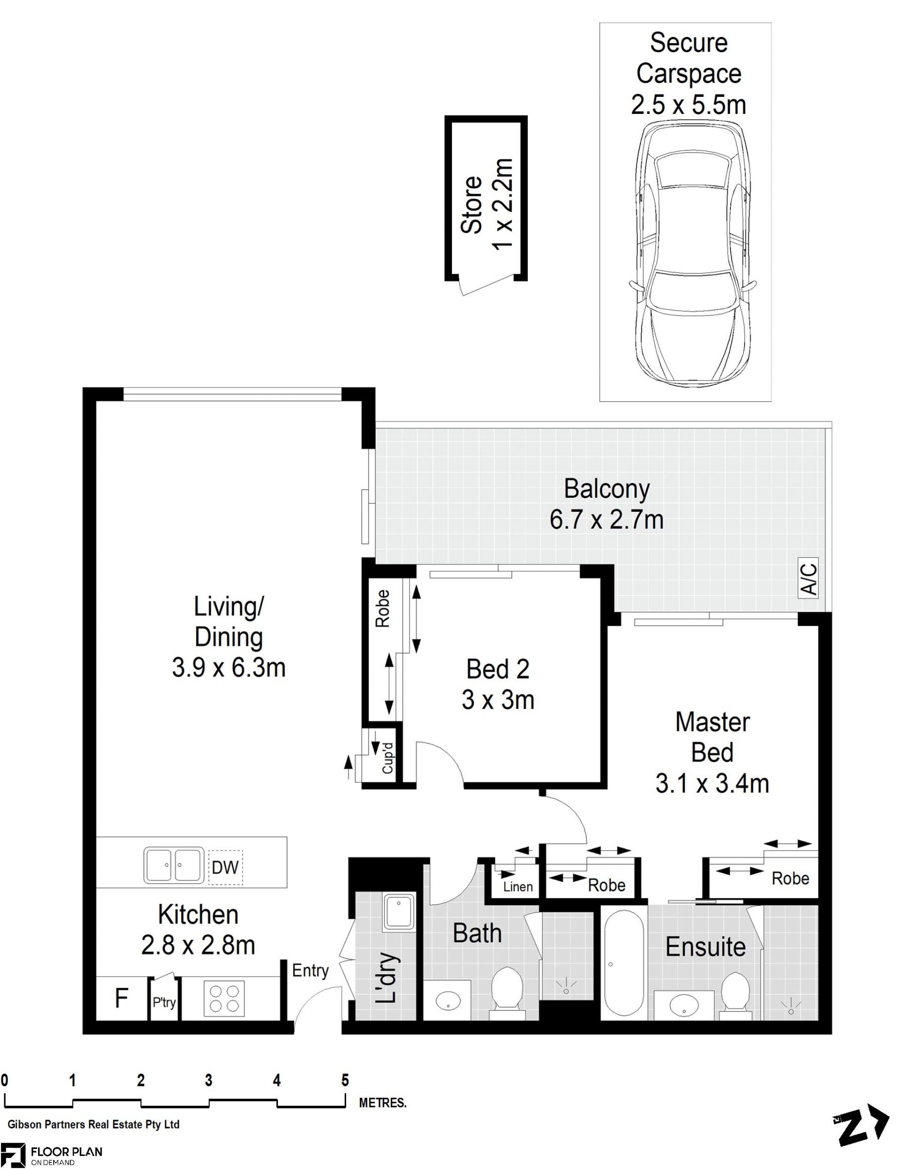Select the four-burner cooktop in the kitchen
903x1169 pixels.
pyautogui.click(x=224, y=998)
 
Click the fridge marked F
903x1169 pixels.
pyautogui.click(x=121, y=998)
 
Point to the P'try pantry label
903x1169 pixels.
pyautogui.click(x=164, y=1002)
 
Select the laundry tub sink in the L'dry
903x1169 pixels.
pyautogui.click(x=399, y=910)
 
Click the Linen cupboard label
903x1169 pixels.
pyautogui.click(x=518, y=886)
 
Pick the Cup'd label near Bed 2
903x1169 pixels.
pyautogui.click(x=388, y=757)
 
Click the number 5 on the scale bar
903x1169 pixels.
pyautogui.click(x=345, y=1080)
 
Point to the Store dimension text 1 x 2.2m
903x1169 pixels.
pyautogui.click(x=503, y=204)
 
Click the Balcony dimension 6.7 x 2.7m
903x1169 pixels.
pyautogui.click(x=606, y=520)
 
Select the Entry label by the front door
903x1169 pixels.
pyautogui.click(x=310, y=970)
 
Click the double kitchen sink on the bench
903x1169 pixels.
pyautogui.click(x=174, y=865)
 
